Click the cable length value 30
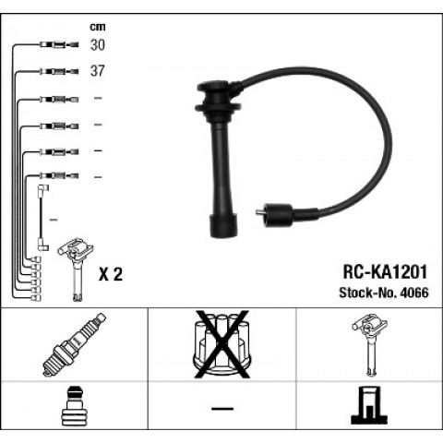coord(97,45)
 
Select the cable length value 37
coord(97,71)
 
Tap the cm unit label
coord(98,27)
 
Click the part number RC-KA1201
coord(385,272)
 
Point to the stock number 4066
coord(413,293)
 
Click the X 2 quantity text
coord(111,274)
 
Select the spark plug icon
coord(74,344)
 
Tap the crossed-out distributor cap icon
coord(222,344)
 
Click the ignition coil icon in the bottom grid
coord(370,344)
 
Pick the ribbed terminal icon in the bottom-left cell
coord(75,406)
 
